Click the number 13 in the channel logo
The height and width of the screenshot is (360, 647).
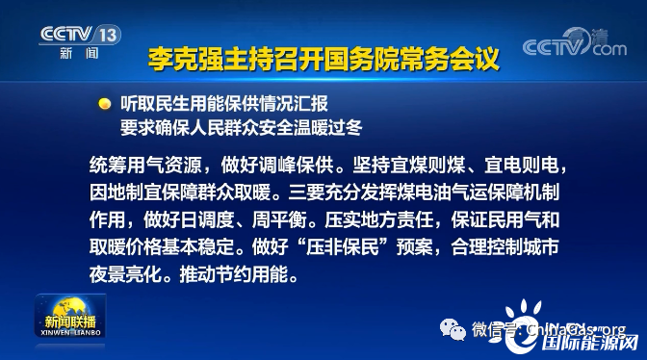coord(109,34)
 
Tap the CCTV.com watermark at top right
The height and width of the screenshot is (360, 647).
coord(575,46)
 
